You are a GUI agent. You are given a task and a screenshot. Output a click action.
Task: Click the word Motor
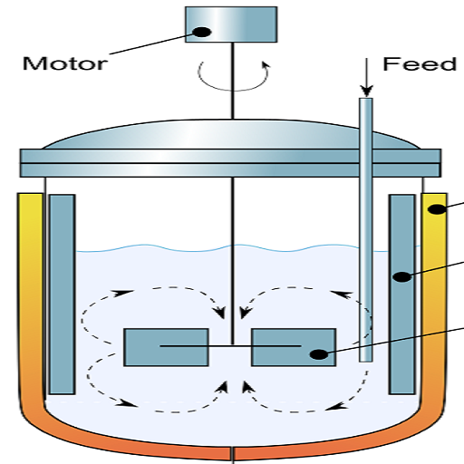65,63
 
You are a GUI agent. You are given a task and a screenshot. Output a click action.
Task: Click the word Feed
420,64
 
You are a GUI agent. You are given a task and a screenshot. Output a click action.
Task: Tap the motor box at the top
231,24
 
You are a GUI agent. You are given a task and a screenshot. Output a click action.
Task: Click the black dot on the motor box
202,32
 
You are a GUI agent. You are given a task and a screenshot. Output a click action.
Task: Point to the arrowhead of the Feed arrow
367,92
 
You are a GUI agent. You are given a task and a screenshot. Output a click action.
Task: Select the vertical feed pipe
366,229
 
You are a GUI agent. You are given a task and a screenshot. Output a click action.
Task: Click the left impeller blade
166,347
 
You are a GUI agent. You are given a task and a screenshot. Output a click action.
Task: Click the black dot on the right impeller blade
319,354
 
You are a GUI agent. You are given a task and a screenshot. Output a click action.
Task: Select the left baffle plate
63,295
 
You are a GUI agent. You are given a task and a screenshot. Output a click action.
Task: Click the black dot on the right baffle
402,276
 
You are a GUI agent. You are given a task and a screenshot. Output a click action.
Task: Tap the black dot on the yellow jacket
438,209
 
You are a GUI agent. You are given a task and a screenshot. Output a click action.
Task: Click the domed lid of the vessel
231,135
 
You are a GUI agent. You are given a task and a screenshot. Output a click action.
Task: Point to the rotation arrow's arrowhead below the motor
266,65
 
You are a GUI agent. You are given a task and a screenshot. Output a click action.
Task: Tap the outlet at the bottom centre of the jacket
232,456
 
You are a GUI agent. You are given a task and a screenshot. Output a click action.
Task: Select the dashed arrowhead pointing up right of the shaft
247,387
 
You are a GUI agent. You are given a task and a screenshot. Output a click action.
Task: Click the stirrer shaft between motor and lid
232,81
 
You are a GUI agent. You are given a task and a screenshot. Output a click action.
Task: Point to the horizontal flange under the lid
230,163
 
